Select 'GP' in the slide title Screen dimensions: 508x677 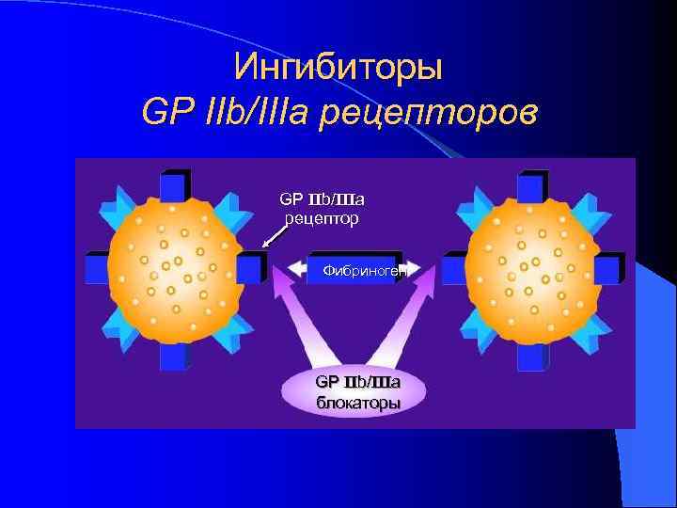coord(163,113)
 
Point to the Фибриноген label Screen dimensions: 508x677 coord(361,270)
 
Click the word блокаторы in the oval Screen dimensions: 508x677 coord(357,403)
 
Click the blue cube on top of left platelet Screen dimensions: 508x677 coord(175,185)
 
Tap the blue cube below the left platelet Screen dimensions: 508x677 coord(175,356)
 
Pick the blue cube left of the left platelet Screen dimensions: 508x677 coord(98,267)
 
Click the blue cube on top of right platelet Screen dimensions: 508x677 coord(533,185)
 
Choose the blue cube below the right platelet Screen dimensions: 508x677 coord(533,356)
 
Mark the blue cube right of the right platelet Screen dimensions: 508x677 coord(608,268)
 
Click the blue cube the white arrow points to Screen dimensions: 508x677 coord(251,267)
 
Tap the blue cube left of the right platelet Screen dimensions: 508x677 coord(456,267)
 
